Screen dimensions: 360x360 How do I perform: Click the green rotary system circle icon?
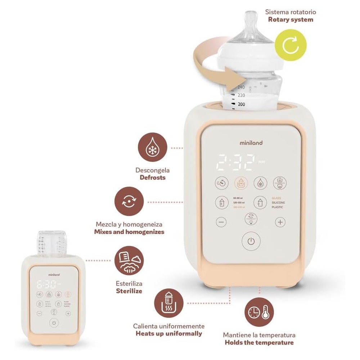pyautogui.click(x=290, y=45)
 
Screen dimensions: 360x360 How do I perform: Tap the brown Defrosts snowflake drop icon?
pyautogui.click(x=153, y=148)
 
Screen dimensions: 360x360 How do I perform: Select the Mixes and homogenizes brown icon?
pyautogui.click(x=129, y=201)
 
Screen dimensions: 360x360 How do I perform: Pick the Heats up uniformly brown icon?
pyautogui.click(x=168, y=303)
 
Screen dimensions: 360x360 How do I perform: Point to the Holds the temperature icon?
pyautogui.click(x=259, y=312)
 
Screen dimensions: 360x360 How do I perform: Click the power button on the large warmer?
pyautogui.click(x=251, y=242)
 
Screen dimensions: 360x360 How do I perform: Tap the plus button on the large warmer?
pyautogui.click(x=280, y=222)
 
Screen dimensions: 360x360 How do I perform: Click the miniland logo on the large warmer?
pyautogui.click(x=251, y=143)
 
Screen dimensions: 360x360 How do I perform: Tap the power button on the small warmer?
pyautogui.click(x=54, y=323)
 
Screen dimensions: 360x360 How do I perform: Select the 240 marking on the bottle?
pyautogui.click(x=241, y=87)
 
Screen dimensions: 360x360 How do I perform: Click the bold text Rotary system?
pyautogui.click(x=291, y=19)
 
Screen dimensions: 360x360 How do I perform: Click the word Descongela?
pyautogui.click(x=152, y=170)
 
